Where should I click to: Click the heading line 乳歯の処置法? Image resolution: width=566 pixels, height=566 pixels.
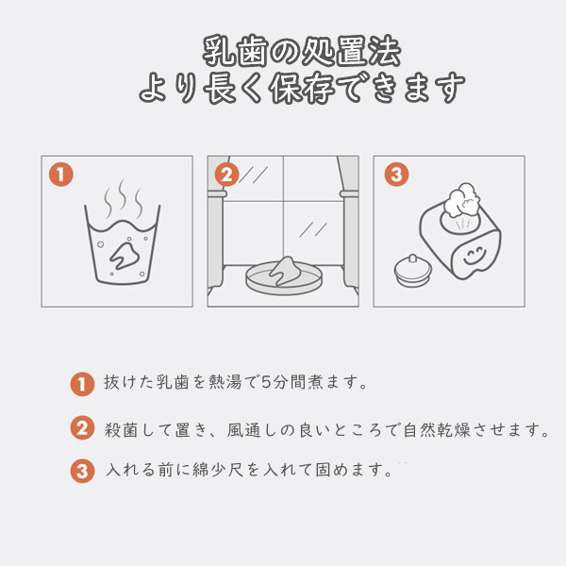(x=302, y=51)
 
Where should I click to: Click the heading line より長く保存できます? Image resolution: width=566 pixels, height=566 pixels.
(x=302, y=88)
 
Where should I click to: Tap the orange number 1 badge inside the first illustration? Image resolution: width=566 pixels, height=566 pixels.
(x=61, y=175)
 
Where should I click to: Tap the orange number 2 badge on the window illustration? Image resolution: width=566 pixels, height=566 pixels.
(x=226, y=175)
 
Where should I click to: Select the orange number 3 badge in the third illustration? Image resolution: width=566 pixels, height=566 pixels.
(x=396, y=175)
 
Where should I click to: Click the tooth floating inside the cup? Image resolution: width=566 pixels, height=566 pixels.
(x=125, y=256)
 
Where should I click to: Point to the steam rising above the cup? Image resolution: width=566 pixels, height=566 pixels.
(x=123, y=198)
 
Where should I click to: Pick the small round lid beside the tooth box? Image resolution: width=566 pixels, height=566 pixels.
(x=413, y=270)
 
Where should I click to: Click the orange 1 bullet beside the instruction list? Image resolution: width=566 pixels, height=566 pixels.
(x=82, y=385)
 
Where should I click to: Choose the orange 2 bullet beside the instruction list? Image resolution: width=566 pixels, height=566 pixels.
(x=82, y=428)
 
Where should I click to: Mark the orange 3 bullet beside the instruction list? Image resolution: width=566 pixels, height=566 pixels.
(x=82, y=471)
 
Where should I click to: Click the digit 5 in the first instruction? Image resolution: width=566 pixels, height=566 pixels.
(x=266, y=382)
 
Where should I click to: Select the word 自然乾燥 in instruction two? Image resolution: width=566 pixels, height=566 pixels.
(x=437, y=429)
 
